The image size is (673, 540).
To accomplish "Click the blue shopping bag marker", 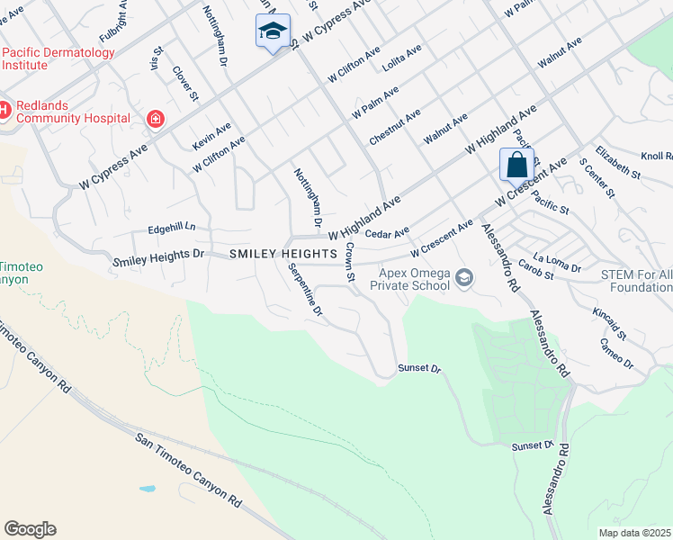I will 516,166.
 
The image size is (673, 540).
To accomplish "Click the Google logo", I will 30,529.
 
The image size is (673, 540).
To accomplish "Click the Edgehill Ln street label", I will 171,229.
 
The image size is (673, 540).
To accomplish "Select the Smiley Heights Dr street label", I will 159,258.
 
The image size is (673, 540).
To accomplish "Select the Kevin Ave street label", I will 211,136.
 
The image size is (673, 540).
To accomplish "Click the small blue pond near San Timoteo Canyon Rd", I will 147,490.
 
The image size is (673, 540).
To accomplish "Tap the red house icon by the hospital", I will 155,118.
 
